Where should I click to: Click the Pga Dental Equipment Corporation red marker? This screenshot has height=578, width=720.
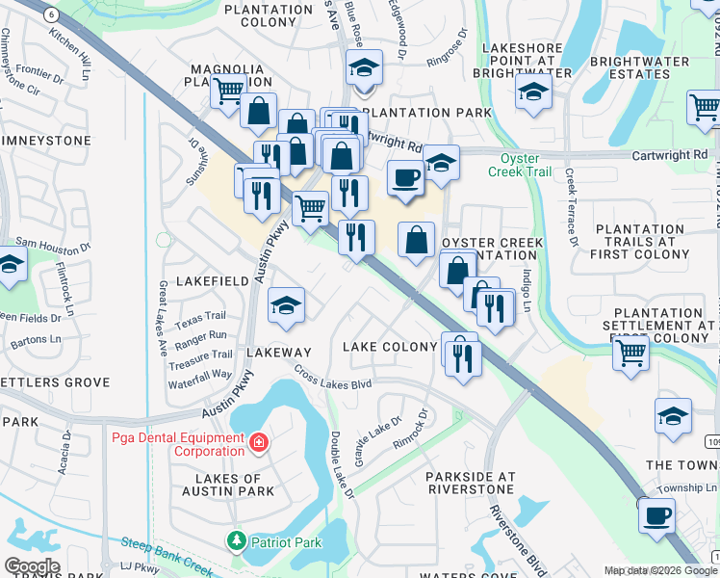[257, 443]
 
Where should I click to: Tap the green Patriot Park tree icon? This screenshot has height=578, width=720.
[236, 541]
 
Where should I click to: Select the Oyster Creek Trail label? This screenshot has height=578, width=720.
[526, 165]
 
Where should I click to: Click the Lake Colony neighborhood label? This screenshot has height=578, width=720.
[391, 346]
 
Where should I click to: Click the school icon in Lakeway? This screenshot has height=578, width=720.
[286, 306]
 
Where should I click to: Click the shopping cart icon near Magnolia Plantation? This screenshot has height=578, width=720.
[228, 91]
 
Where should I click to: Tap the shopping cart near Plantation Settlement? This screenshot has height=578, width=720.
[630, 352]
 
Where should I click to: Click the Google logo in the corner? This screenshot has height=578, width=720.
[32, 565]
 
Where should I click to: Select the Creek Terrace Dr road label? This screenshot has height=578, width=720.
[572, 207]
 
